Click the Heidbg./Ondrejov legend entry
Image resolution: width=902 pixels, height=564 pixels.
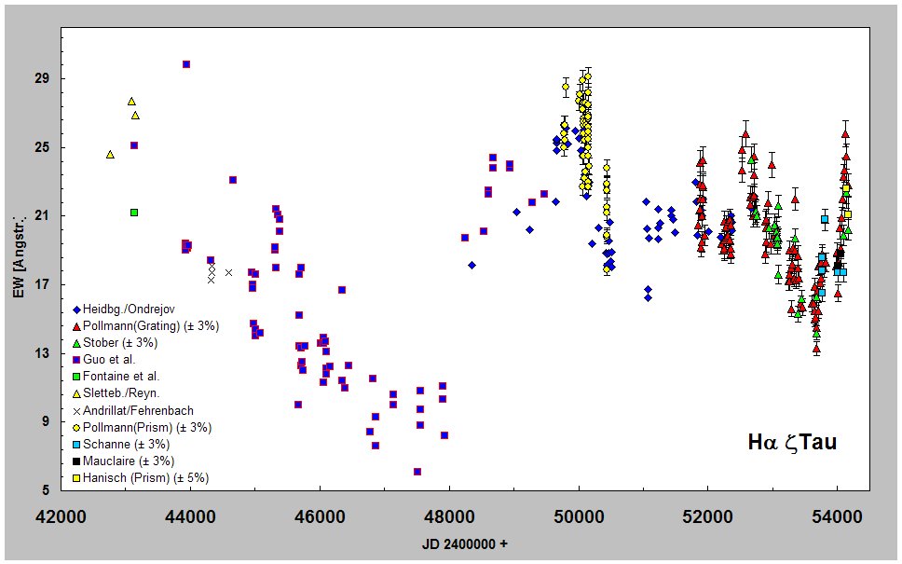click(x=129, y=309)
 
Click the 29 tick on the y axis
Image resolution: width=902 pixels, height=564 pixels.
click(x=44, y=78)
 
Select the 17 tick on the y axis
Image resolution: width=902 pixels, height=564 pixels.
click(x=44, y=284)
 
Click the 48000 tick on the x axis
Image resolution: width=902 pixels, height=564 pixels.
click(x=449, y=514)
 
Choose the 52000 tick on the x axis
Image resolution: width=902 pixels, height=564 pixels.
click(x=707, y=514)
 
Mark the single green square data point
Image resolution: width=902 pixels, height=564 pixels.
click(x=134, y=213)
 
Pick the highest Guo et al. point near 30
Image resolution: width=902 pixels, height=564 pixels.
click(x=186, y=64)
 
